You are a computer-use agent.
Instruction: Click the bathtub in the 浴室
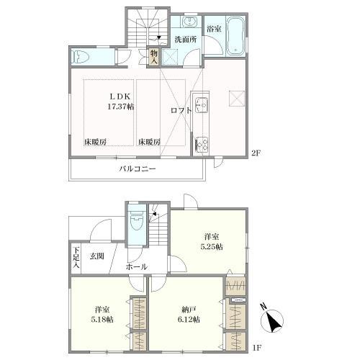[235, 35]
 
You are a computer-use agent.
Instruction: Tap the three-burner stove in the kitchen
[202, 144]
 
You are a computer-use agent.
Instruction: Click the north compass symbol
[272, 318]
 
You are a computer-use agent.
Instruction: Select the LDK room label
[120, 96]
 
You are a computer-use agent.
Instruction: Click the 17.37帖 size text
[120, 107]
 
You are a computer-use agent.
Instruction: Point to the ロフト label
[181, 110]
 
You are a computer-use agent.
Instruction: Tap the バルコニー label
[138, 168]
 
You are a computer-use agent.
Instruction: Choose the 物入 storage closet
[154, 57]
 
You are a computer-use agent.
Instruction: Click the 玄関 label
[97, 256]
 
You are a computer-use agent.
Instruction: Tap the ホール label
[136, 266]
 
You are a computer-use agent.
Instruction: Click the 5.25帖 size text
[212, 247]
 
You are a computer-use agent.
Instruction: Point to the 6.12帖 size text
[189, 320]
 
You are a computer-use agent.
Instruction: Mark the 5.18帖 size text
[102, 320]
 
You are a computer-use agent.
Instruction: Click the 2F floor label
[256, 153]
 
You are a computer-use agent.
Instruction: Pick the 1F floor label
[256, 354]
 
